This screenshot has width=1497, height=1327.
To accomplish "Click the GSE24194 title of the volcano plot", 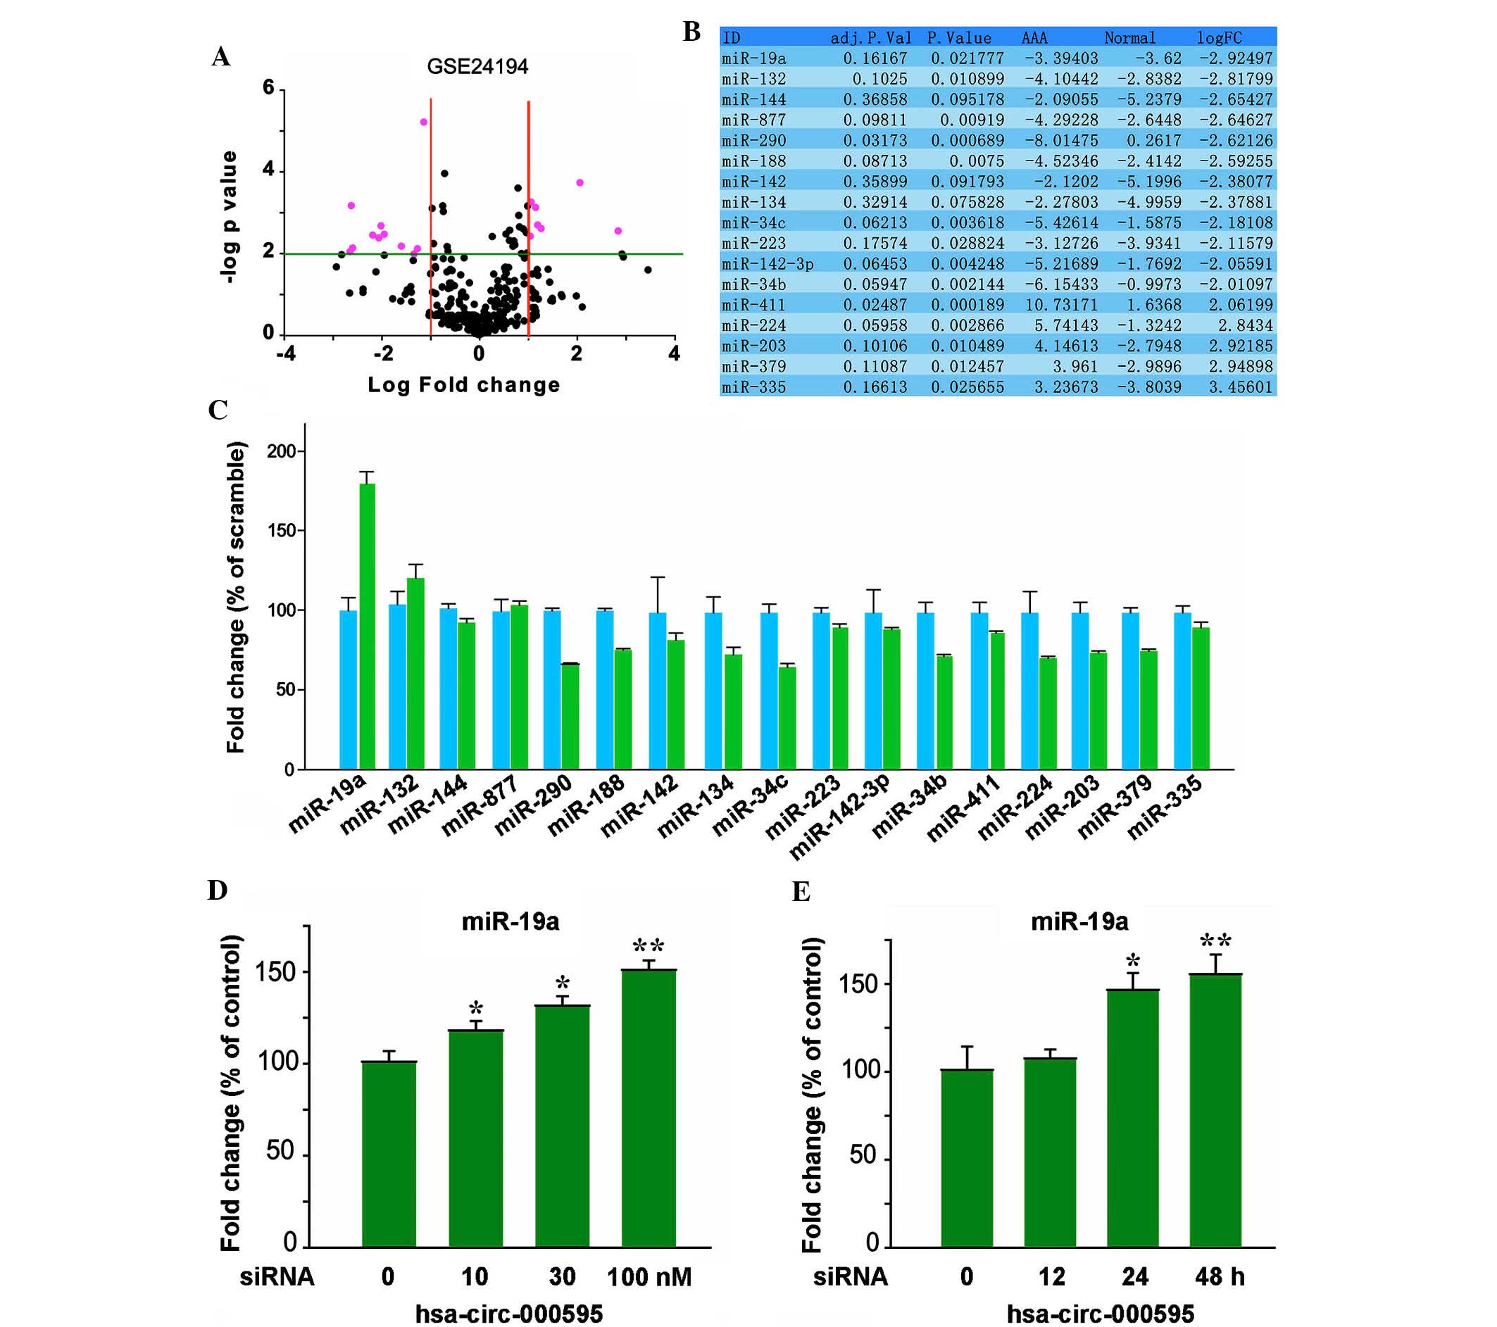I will tap(477, 67).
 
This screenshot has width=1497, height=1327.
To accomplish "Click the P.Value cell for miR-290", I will tap(967, 141).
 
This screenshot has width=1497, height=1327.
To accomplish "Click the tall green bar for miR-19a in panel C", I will tap(367, 626).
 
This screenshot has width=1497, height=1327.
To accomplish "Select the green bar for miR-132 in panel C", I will tap(415, 673).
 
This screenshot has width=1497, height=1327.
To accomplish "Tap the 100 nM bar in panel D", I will tap(649, 1109).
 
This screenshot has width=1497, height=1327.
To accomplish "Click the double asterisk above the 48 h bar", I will tap(1215, 941).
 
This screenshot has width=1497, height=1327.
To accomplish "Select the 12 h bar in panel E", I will tap(1051, 1152).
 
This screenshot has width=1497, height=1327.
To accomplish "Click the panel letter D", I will tap(218, 891).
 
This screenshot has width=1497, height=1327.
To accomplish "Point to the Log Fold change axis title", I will tap(463, 385).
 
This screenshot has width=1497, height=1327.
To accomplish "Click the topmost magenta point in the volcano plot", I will tap(423, 122).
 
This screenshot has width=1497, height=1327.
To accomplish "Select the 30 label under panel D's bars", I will tap(562, 1276).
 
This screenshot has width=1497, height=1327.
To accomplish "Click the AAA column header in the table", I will tap(1034, 38).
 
